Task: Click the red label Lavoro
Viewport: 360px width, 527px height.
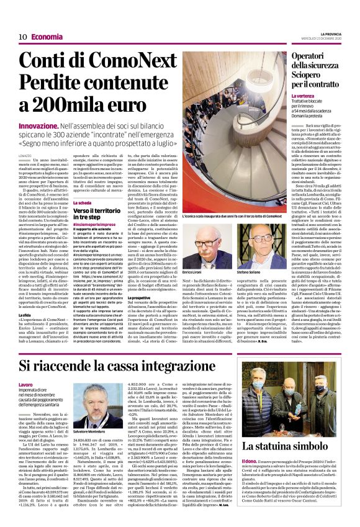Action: (26, 385)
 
